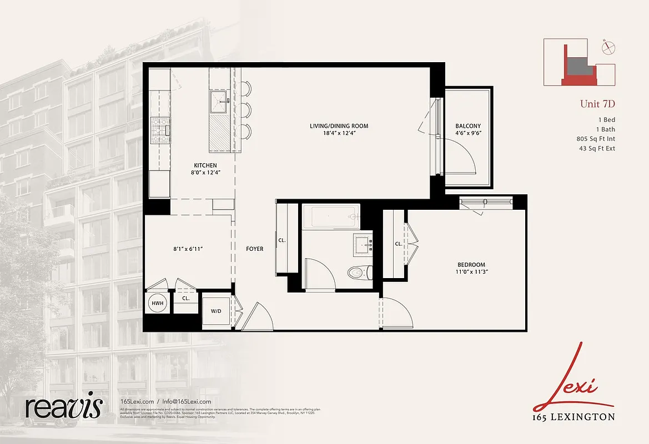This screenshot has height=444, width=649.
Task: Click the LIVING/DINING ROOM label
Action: point(339,126)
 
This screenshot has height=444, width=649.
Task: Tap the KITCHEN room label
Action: point(205,165)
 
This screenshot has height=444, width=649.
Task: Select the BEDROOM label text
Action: point(471,265)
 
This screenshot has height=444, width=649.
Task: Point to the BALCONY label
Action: point(467,126)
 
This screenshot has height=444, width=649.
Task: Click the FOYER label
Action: point(254,249)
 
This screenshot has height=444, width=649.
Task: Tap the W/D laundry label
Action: point(215,311)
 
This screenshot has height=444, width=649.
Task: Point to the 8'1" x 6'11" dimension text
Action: point(188,249)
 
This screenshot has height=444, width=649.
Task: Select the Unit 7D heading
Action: point(597,104)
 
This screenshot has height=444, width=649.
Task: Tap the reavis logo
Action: point(63,408)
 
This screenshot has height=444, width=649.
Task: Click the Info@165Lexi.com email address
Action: point(187,402)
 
